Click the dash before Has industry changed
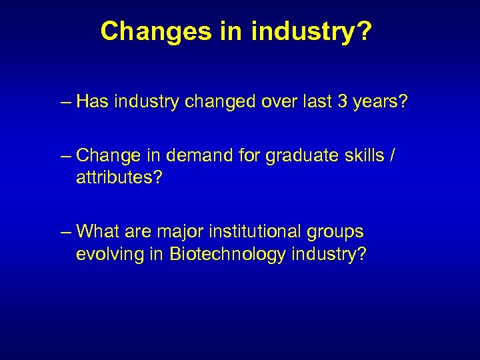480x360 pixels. (65, 103)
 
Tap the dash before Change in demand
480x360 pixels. (65, 156)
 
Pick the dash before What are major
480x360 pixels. (65, 232)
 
